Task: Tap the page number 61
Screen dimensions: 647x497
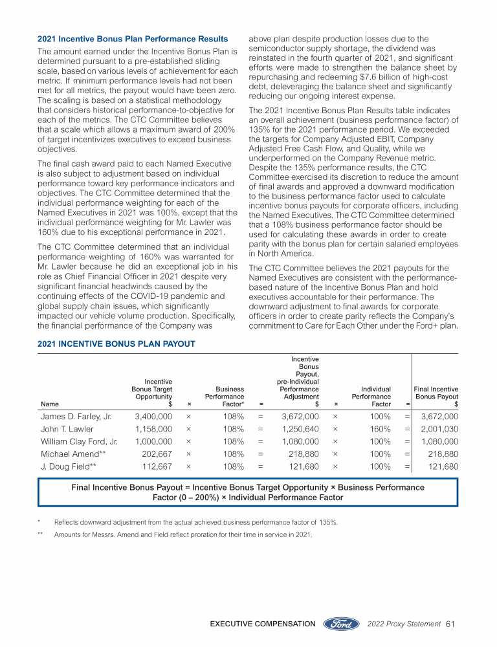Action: pos(452,624)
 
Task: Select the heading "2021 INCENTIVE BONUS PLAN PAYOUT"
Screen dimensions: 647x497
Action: pos(116,344)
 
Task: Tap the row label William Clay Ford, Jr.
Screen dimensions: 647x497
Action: pos(79,441)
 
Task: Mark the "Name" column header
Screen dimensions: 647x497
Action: pos(49,403)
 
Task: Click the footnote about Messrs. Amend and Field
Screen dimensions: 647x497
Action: pos(183,534)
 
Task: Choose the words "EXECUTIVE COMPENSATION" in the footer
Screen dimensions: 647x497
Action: pos(262,624)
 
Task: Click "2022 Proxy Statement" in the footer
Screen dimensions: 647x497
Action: pos(404,624)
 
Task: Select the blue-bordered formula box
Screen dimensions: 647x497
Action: pos(248,492)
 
